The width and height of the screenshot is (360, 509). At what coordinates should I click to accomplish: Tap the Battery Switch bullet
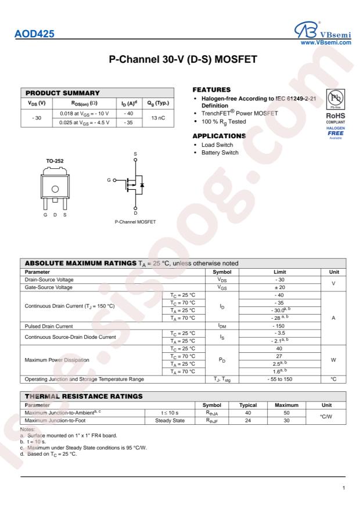(219, 153)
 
